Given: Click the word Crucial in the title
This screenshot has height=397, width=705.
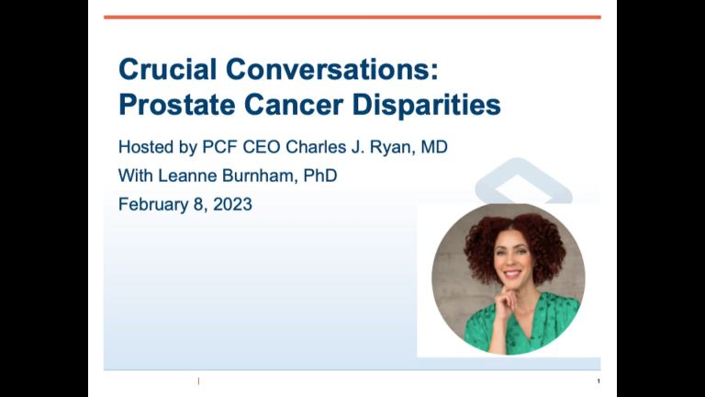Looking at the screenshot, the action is (168, 70).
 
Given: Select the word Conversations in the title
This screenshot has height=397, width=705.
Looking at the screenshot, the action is (331, 70).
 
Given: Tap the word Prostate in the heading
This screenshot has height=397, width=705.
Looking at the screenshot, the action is (176, 106).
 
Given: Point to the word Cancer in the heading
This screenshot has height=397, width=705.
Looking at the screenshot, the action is (294, 106).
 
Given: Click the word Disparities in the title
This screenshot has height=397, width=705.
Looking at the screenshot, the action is (426, 107).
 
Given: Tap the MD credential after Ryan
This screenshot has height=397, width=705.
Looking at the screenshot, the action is (434, 147).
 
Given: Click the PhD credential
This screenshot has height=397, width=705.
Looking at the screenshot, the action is (320, 176).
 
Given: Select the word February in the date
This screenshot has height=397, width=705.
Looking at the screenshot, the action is (153, 205).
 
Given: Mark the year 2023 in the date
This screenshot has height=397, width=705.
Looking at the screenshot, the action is (232, 204).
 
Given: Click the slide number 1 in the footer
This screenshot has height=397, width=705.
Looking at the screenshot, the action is (599, 381).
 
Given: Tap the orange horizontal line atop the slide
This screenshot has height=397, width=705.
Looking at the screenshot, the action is (352, 17).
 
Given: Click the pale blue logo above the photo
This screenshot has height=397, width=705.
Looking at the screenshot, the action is (523, 181).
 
